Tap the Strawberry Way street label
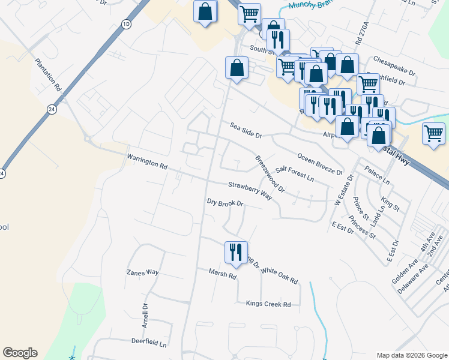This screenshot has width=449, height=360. tap(250, 191)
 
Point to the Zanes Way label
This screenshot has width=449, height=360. tap(142, 272)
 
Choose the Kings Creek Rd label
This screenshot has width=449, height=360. tap(268, 304)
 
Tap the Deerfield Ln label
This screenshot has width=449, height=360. tap(149, 341)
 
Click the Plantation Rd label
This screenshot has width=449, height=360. tap(48, 74)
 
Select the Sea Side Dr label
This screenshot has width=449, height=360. tap(246, 130)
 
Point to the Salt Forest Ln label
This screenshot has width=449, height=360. tap(295, 174)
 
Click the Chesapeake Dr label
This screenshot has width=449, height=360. tap(394, 60)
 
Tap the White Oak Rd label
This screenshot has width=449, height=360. tap(279, 275)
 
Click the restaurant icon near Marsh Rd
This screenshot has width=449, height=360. tap(235, 251)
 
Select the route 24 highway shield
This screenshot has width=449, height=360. tap(52, 110)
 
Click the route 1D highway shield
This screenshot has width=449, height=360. tap(126, 24)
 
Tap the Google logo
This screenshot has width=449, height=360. tap(20, 353)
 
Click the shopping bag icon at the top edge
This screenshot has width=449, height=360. tap(205, 11)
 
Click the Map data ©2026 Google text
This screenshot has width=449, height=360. tap(411, 355)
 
